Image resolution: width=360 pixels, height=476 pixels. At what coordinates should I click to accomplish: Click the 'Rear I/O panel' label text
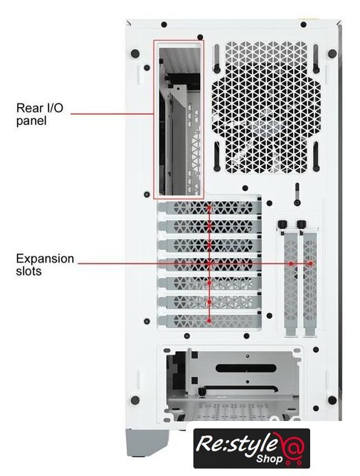pos(39,114)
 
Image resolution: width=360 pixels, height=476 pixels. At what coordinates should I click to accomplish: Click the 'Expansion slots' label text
pos(45,265)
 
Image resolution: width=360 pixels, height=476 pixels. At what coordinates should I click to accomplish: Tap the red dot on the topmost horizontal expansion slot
pos(209,208)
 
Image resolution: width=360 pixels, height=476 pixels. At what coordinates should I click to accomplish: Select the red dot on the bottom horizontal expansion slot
pos(209,321)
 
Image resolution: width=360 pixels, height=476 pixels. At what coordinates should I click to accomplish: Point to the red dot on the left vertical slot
pos(291,264)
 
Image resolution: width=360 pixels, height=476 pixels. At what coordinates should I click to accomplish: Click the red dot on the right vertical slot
pos(310,264)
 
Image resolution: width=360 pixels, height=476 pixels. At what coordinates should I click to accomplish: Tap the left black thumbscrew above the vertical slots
pos(282,225)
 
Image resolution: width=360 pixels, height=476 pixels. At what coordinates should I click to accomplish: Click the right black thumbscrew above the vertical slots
pos(301,225)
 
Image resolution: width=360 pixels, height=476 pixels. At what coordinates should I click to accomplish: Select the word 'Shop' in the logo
pos(269,458)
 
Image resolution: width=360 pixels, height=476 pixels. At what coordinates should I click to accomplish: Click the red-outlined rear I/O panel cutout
pos(179,119)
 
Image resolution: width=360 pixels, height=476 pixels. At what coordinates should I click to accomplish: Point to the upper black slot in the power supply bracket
pos(246,368)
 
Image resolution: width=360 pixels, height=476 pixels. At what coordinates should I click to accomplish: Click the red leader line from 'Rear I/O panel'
pos(112,114)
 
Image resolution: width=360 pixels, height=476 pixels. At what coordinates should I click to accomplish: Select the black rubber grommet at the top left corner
pos(135,54)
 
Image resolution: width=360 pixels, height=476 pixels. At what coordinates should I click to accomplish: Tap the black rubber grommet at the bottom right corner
pos(332,399)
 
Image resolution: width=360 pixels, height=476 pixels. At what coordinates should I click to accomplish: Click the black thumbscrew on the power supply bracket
pos(202,392)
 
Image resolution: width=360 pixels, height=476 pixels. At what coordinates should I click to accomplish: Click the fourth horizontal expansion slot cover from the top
pos(210,264)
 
